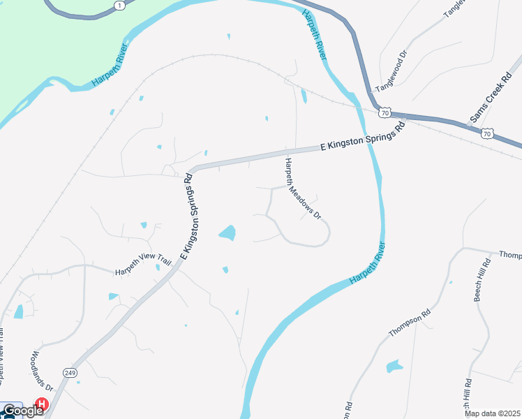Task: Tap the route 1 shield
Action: click(121, 5)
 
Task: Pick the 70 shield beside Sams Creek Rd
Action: click(488, 133)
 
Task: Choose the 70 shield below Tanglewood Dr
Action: click(385, 112)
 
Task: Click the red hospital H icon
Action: click(42, 404)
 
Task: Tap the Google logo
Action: click(22, 411)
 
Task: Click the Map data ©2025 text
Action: click(492, 413)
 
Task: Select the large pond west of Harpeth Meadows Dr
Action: click(227, 233)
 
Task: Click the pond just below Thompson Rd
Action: click(394, 366)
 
